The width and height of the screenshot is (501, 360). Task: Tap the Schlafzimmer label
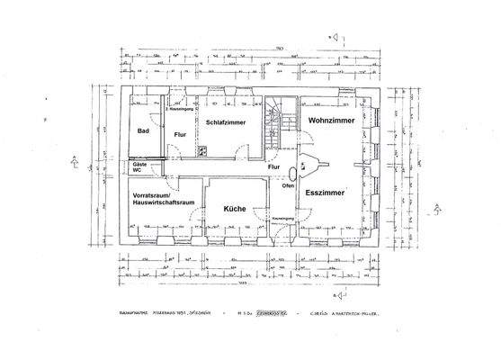[225, 122]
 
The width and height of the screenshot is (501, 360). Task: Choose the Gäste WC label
[140, 168]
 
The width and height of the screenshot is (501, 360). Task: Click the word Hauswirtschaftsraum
[163, 203]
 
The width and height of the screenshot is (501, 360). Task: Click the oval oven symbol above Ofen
[308, 165]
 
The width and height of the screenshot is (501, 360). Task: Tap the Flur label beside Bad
[180, 134]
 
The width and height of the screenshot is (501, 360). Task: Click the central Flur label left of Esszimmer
[274, 166]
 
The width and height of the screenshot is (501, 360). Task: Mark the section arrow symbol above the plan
[335, 39]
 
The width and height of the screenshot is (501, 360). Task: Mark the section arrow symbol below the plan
[335, 294]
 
